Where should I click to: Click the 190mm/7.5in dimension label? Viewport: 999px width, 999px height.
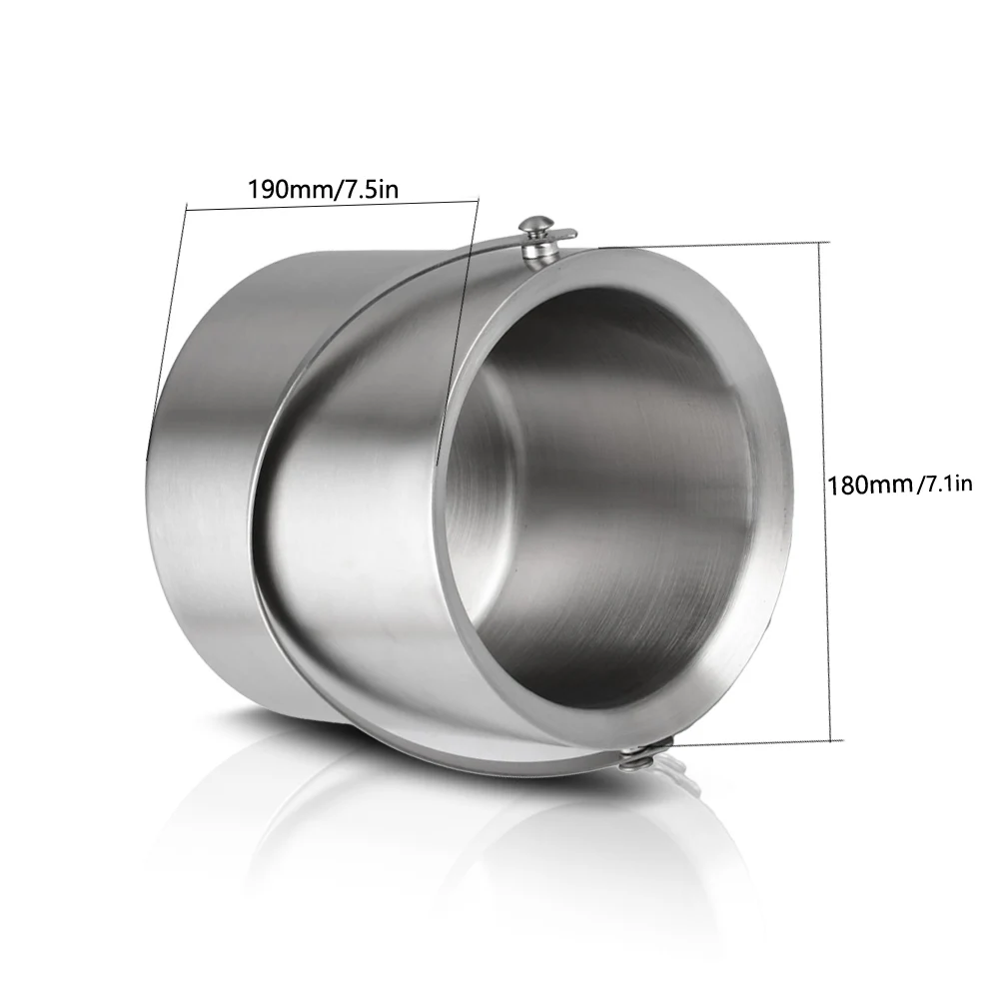pos(323,189)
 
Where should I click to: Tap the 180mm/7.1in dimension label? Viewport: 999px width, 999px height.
pos(900,486)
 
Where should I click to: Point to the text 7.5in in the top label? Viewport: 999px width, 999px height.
pos(372,189)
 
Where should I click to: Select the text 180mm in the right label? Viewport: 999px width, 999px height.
pos(870,486)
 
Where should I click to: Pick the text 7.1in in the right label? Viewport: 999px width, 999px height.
pos(947,485)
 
